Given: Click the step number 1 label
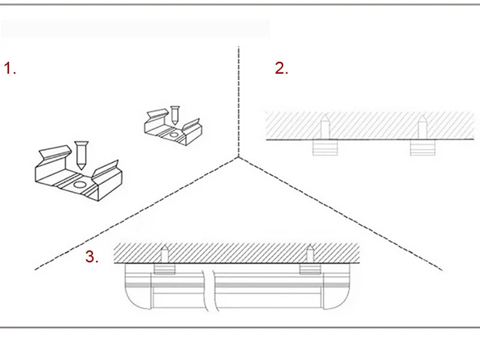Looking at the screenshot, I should tap(10, 68).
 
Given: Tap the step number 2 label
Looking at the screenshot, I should tap(281, 68).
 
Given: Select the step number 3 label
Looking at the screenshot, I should tap(91, 257).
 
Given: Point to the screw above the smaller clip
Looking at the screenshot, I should tap(175, 116).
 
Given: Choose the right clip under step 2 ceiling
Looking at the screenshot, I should tap(422, 148).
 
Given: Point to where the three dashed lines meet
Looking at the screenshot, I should tap(239, 157).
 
